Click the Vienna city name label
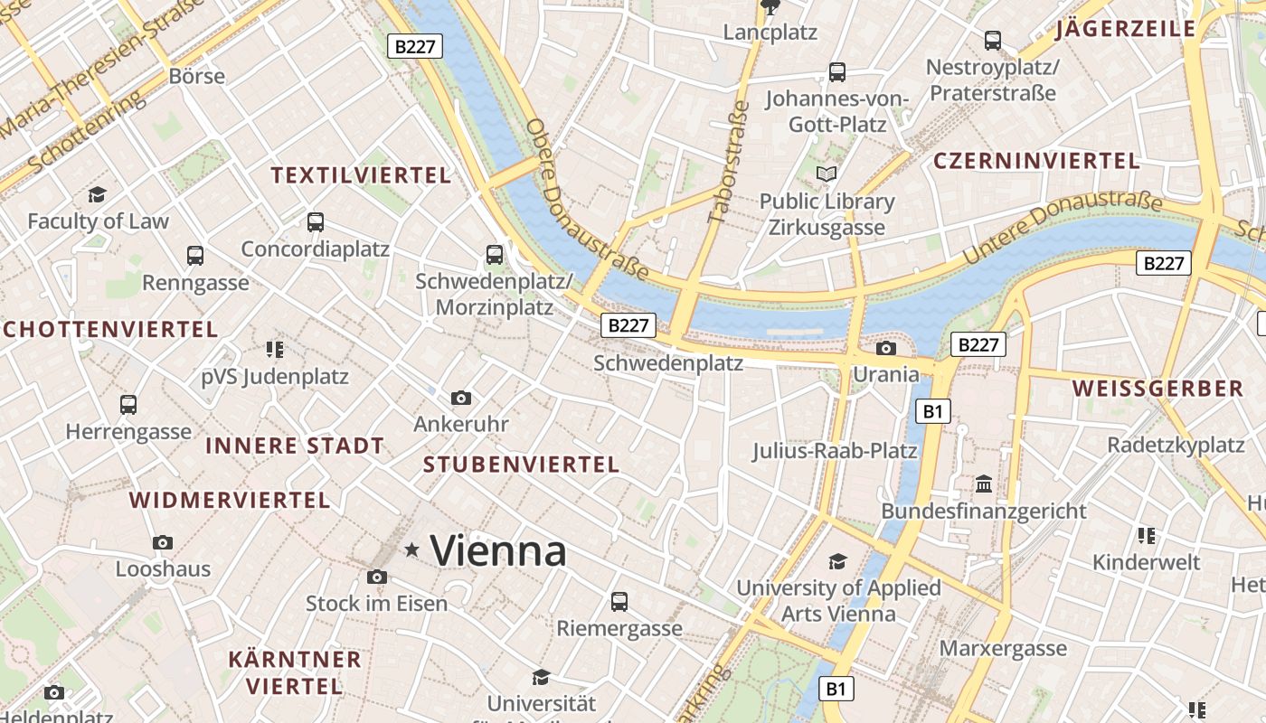click(498, 550)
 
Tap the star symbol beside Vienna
click(412, 549)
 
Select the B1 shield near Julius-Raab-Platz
click(933, 412)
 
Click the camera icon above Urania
click(886, 348)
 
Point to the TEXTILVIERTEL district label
click(361, 175)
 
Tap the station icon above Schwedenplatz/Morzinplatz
click(494, 255)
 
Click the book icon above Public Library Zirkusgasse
click(827, 174)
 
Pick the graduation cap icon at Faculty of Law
click(97, 194)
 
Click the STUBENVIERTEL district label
click(521, 465)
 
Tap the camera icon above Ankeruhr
click(461, 398)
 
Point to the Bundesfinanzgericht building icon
click(984, 484)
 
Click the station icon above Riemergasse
click(619, 601)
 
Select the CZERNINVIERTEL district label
click(1036, 161)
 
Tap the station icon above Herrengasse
click(128, 405)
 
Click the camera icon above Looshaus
click(163, 542)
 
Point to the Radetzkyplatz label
click(1176, 445)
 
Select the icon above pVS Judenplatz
click(275, 349)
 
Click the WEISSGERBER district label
click(1157, 389)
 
